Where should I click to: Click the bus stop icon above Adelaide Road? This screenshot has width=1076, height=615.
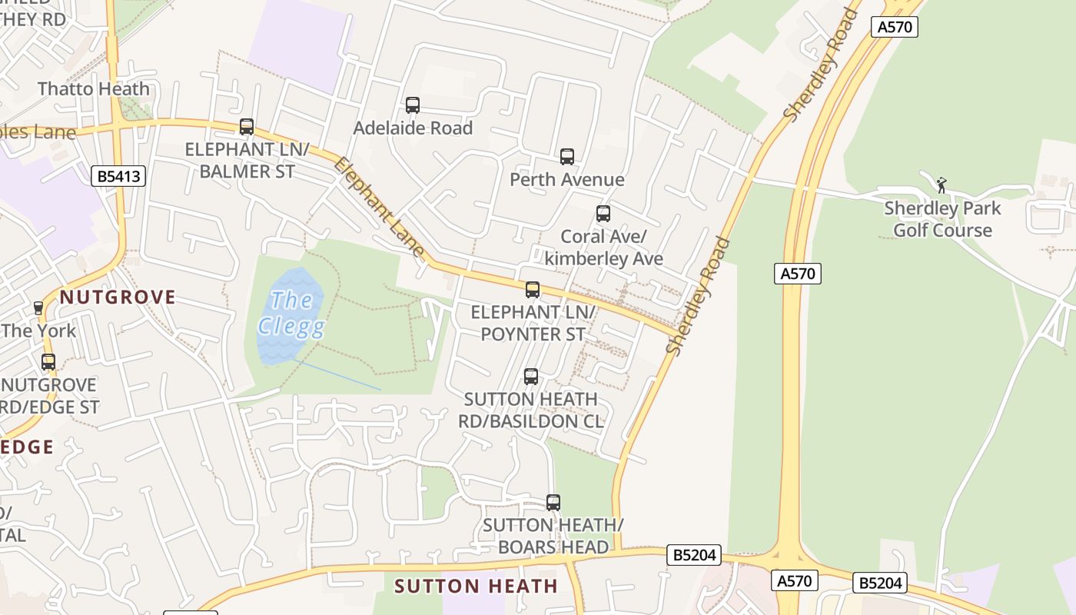(413, 105)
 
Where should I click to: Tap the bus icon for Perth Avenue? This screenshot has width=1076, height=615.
(567, 157)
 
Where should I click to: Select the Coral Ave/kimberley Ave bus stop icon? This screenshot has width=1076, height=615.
(603, 214)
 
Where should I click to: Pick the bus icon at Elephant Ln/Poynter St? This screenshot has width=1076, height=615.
(533, 290)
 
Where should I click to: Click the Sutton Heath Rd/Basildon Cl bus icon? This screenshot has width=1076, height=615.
(531, 377)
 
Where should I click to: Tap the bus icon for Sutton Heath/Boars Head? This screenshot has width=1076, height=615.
(553, 503)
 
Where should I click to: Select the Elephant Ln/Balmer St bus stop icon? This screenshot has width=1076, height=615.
(247, 127)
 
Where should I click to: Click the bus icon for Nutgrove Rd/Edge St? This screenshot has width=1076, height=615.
(48, 362)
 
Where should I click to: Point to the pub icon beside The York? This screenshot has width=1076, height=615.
(38, 308)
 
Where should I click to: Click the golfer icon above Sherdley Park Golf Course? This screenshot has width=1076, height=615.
(941, 185)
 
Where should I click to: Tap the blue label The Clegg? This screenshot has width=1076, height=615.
(291, 314)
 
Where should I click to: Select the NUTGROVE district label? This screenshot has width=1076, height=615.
(118, 298)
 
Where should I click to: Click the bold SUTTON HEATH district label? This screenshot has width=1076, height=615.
(476, 586)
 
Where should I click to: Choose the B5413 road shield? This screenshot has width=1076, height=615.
(118, 176)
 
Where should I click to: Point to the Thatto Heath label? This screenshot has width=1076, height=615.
(94, 89)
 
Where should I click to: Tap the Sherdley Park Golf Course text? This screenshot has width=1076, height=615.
(942, 219)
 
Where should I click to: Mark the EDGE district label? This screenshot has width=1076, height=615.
(28, 447)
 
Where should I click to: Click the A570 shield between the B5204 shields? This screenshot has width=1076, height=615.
(795, 580)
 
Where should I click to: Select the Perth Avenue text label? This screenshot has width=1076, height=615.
(567, 180)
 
